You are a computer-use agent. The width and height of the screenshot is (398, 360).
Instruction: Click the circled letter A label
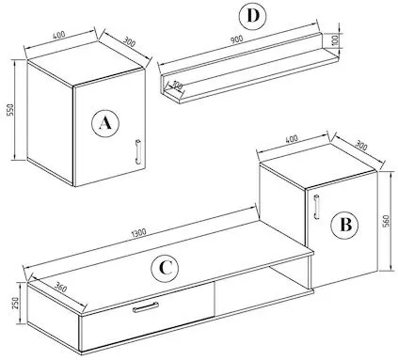pos(105,123)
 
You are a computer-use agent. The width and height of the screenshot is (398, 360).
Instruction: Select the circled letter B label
pos(345,225)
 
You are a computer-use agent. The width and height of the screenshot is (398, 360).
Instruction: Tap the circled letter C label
pos(165,269)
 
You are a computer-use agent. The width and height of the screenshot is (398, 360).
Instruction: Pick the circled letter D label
pos(252,16)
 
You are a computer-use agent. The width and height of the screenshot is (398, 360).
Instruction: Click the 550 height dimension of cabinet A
pos(11,110)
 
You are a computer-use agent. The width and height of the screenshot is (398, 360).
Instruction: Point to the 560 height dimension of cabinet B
pos(386,221)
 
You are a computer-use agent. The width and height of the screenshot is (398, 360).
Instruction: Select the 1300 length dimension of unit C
pos(139,232)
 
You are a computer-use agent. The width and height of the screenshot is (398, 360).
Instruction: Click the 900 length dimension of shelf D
pos(237,39)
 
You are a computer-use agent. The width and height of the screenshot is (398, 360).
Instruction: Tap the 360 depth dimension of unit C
pos(60,287)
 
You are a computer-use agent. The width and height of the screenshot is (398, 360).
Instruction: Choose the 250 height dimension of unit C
pos(15,303)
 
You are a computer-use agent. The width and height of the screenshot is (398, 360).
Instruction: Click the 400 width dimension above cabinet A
pos(58,34)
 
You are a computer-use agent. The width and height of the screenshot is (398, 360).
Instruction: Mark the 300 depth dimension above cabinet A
pos(129,42)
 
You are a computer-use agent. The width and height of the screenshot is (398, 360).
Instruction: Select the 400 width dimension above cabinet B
pos(292,138)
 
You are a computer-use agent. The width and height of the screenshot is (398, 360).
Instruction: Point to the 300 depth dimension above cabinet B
pos(360,146)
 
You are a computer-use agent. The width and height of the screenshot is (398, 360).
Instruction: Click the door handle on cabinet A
pos(137,151)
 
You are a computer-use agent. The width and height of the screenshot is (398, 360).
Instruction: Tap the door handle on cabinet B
pos(316,207)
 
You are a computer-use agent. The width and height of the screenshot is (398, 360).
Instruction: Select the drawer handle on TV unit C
pos(146,307)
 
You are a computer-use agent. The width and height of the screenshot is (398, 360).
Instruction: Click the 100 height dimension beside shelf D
pos(335,39)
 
